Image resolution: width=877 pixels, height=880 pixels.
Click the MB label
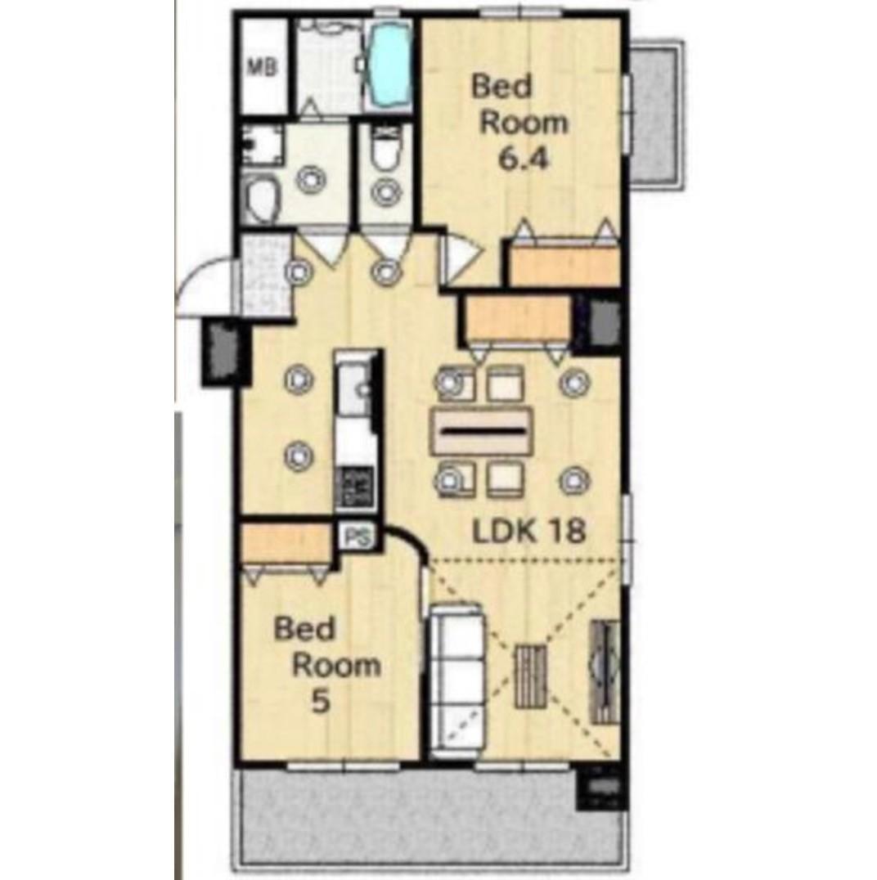pos(263,68)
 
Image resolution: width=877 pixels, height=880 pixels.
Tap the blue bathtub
pos(389,67)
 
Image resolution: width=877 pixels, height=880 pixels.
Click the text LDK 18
pos(528,530)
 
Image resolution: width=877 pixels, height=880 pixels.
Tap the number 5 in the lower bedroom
pos(320,702)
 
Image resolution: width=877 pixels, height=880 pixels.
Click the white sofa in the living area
pos(456,680)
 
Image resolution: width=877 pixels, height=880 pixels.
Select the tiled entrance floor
pos(266,275)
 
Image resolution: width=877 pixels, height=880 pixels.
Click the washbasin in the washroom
pos(263,200)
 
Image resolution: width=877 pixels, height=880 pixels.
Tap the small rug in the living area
pos(530,676)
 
